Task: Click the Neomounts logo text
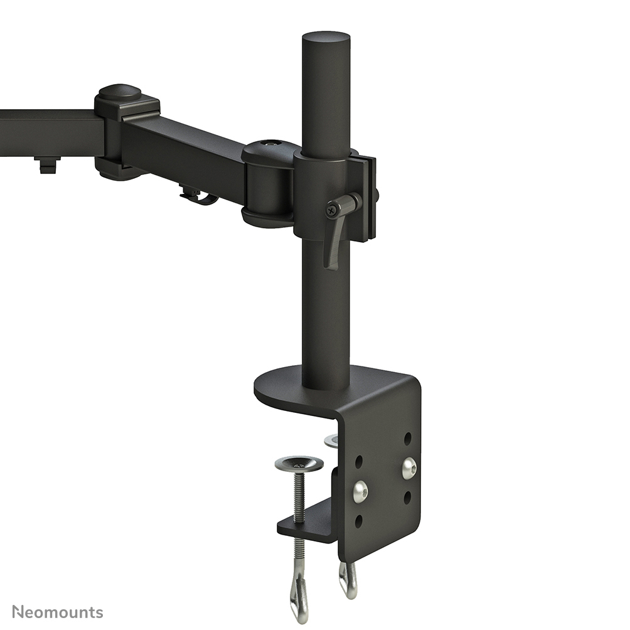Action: (57, 612)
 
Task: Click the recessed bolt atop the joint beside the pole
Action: (270, 144)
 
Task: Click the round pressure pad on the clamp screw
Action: (299, 464)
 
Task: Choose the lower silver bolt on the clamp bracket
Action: (360, 491)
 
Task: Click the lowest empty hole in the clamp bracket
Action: (358, 521)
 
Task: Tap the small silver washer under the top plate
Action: (331, 441)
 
